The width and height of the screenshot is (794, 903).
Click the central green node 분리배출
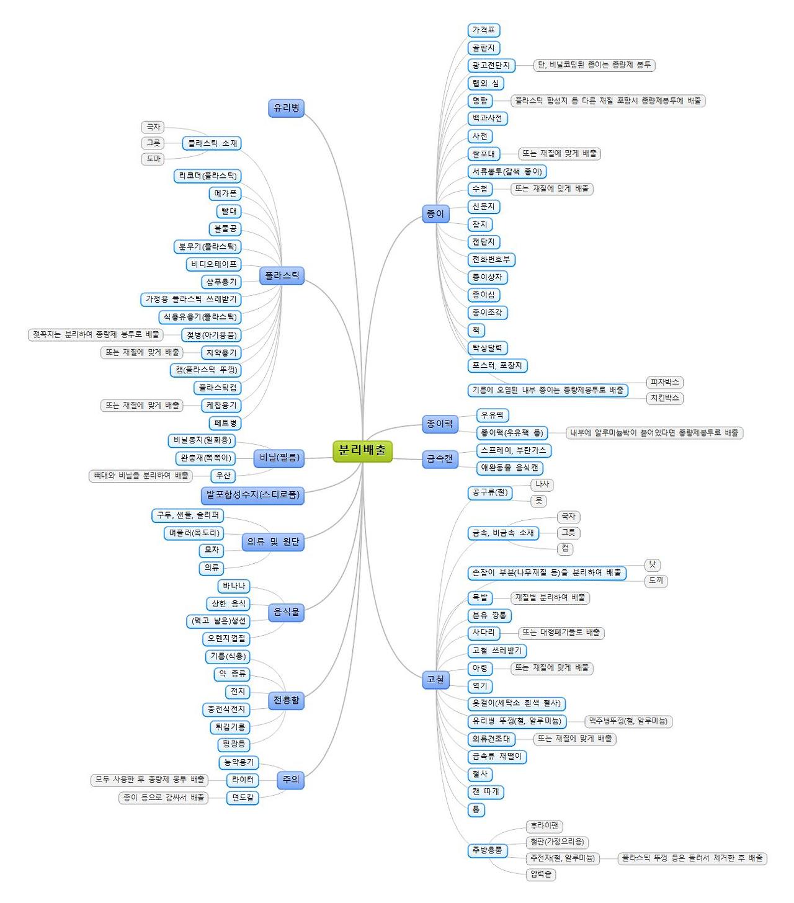click(x=362, y=450)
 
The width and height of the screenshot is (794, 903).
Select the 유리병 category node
click(x=286, y=108)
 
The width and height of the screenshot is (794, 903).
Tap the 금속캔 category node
click(x=440, y=459)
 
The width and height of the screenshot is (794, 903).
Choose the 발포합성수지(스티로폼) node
click(x=252, y=495)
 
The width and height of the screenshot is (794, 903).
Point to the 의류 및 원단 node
click(x=273, y=541)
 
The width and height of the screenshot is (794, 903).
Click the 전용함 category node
click(x=286, y=700)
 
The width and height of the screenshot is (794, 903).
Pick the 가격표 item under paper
click(x=483, y=30)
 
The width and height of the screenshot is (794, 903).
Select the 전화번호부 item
click(x=491, y=259)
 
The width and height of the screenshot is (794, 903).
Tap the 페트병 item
click(x=225, y=423)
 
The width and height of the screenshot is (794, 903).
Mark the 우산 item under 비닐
click(x=223, y=476)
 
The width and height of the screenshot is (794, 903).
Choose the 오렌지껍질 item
click(x=226, y=638)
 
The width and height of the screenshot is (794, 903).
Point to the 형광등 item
click(x=234, y=744)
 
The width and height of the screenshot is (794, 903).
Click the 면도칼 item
click(x=243, y=798)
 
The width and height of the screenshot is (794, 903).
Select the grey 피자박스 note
click(x=664, y=382)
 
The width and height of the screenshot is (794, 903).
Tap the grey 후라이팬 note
click(x=544, y=826)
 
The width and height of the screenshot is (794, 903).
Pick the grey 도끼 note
click(x=656, y=580)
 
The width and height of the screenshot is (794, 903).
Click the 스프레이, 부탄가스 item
click(x=513, y=450)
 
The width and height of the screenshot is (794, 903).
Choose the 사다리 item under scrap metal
click(x=483, y=633)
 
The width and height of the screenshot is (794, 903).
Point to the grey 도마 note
click(x=153, y=159)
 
